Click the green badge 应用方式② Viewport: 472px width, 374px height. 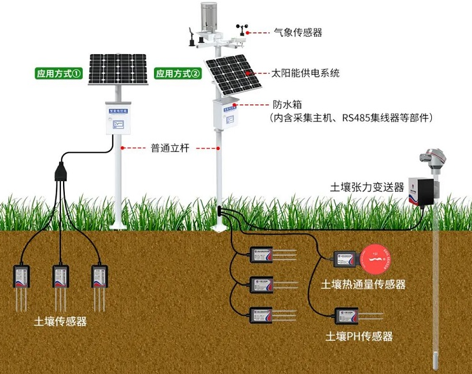(x=178, y=74)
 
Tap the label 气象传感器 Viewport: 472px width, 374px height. (x=297, y=32)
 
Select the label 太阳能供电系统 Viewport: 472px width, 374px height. (x=305, y=73)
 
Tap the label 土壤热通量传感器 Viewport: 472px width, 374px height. (x=363, y=284)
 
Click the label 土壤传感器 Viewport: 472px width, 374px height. (x=60, y=321)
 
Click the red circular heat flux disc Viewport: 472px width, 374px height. (x=376, y=258)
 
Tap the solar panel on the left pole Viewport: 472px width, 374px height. (x=118, y=69)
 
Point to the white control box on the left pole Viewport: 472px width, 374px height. (x=118, y=118)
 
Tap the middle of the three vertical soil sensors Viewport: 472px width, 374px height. (x=60, y=277)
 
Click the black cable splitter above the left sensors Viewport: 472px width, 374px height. (x=61, y=172)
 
